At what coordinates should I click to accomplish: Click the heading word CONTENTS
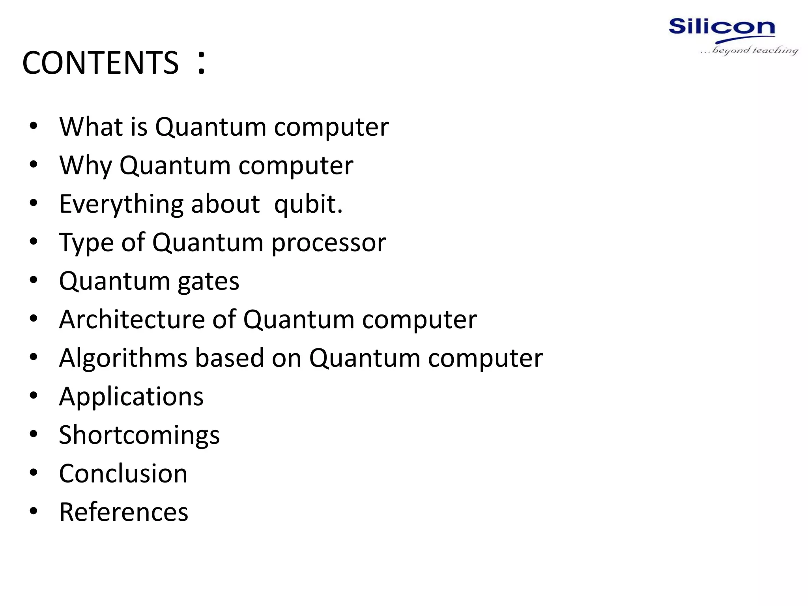100,63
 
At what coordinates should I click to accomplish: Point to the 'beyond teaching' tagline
750,50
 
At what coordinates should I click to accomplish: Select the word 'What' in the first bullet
91,127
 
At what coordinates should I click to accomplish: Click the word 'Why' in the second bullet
86,165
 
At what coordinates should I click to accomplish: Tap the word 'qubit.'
308,204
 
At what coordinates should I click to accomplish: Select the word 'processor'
329,243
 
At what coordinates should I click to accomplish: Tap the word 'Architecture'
132,319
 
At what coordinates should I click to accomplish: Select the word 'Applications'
131,397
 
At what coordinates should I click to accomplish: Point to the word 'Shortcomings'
139,435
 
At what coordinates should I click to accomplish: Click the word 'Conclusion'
123,473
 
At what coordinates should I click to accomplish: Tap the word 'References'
123,512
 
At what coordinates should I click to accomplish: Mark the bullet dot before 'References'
34,511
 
